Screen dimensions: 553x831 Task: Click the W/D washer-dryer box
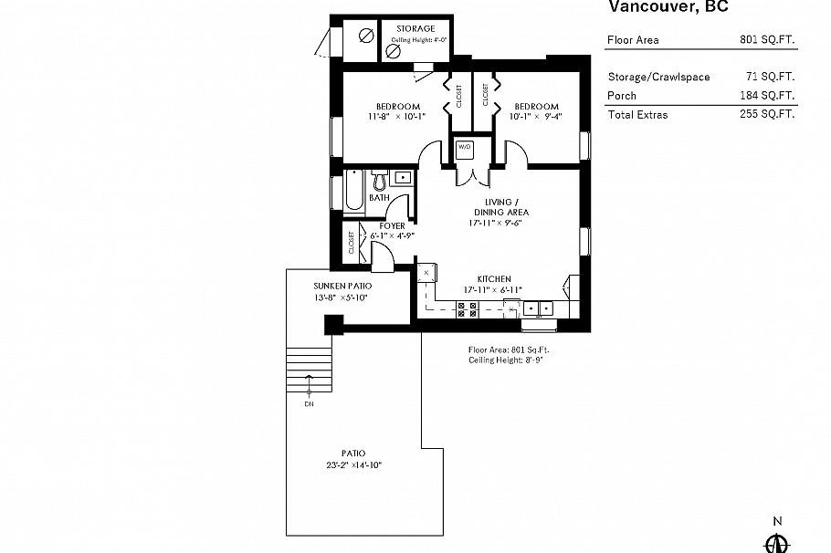(x=463, y=147)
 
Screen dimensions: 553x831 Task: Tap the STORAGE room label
(x=415, y=28)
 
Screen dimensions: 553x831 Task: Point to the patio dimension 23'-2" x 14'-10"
(x=353, y=465)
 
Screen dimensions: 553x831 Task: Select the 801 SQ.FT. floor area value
(x=767, y=40)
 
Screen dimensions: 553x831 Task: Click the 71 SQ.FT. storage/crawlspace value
(x=770, y=78)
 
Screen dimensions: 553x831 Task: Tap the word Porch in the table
(x=622, y=96)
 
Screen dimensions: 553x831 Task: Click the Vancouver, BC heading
(x=668, y=7)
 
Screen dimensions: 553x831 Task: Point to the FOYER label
(x=392, y=225)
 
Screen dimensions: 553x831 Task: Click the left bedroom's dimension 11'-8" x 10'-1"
(x=396, y=117)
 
